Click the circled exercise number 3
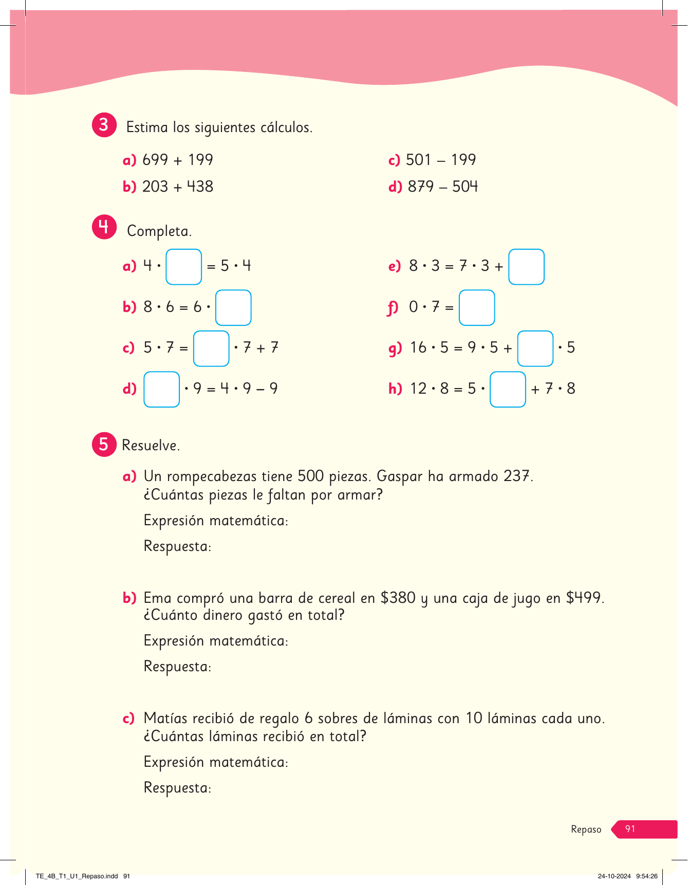pos(104,125)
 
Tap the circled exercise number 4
pos(104,227)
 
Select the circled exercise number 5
pos(104,444)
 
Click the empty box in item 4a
pos(183,267)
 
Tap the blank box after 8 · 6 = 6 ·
pos(233,308)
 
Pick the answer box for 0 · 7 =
pos(477,308)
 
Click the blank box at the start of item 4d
pos(161,389)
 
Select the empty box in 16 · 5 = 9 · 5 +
pos(535,348)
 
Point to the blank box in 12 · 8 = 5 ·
pos(508,389)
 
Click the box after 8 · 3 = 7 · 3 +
pos(526,267)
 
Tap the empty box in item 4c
pos(211,348)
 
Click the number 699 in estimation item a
pos(155,160)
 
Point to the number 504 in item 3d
pos(465,187)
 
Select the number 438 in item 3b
pos(200,187)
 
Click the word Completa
pos(159,231)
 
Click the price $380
pos(398,598)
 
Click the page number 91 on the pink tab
pos(630,829)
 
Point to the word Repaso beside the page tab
pos(586,829)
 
